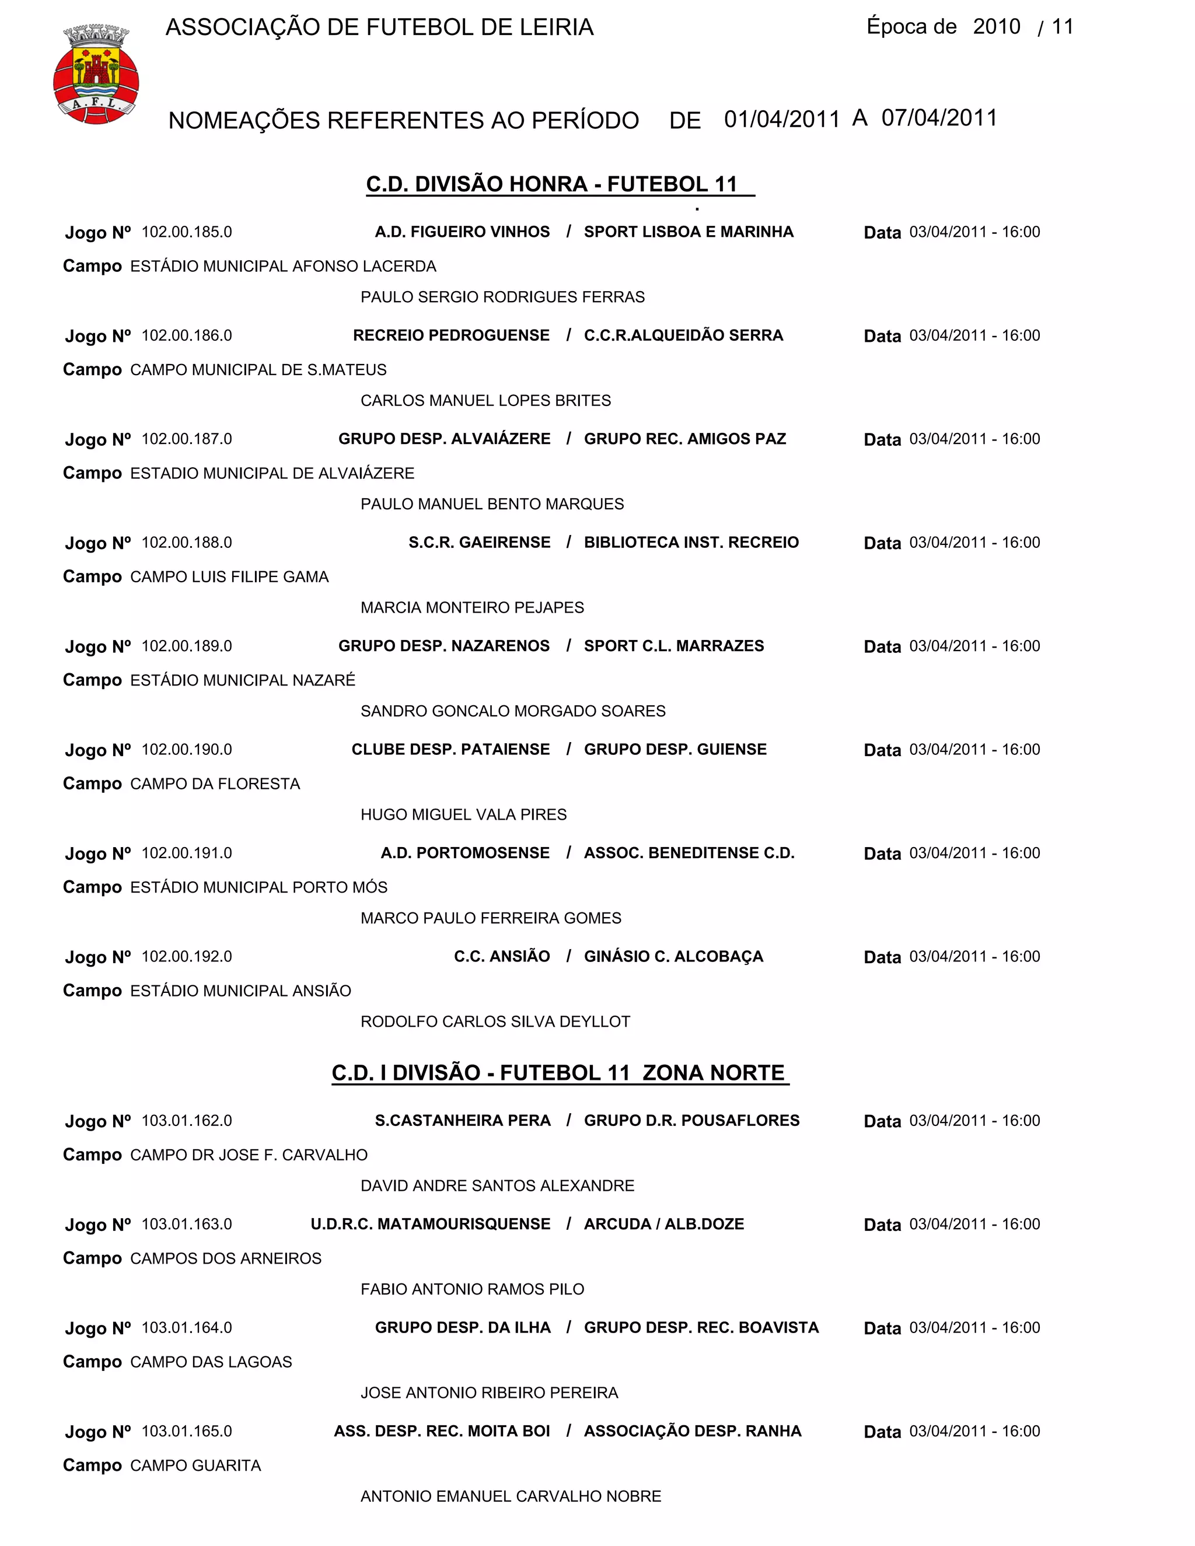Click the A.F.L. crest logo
click(x=96, y=74)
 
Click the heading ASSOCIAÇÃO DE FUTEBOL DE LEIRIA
click(x=379, y=27)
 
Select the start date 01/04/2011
click(x=781, y=119)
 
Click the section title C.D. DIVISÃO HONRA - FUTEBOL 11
click(x=552, y=184)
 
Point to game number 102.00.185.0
click(x=187, y=232)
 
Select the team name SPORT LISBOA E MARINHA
click(x=688, y=232)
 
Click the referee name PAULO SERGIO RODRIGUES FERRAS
click(x=502, y=298)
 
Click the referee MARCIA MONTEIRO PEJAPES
click(x=472, y=607)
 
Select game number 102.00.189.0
click(x=187, y=646)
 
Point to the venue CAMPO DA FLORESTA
click(x=215, y=784)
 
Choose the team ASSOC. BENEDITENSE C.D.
click(x=689, y=853)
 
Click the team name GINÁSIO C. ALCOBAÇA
click(x=673, y=956)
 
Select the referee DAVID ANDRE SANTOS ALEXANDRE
click(x=498, y=1185)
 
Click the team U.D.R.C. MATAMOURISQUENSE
click(x=431, y=1224)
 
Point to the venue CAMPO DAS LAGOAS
click(x=211, y=1362)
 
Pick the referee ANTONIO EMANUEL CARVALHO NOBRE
click(x=511, y=1496)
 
